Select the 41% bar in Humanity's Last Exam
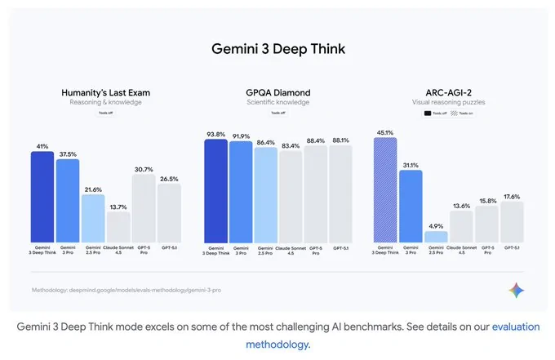[42, 196]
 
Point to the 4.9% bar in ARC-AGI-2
[436, 236]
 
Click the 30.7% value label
[144, 169]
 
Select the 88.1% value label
[340, 140]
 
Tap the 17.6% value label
[512, 196]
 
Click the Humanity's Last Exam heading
[105, 92]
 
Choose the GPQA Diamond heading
[277, 92]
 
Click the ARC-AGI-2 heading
[450, 92]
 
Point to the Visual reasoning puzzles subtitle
[450, 103]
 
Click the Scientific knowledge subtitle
[277, 103]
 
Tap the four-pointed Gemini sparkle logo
[515, 290]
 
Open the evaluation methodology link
[514, 327]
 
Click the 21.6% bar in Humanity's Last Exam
[93, 218]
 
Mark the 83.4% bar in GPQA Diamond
[291, 196]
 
